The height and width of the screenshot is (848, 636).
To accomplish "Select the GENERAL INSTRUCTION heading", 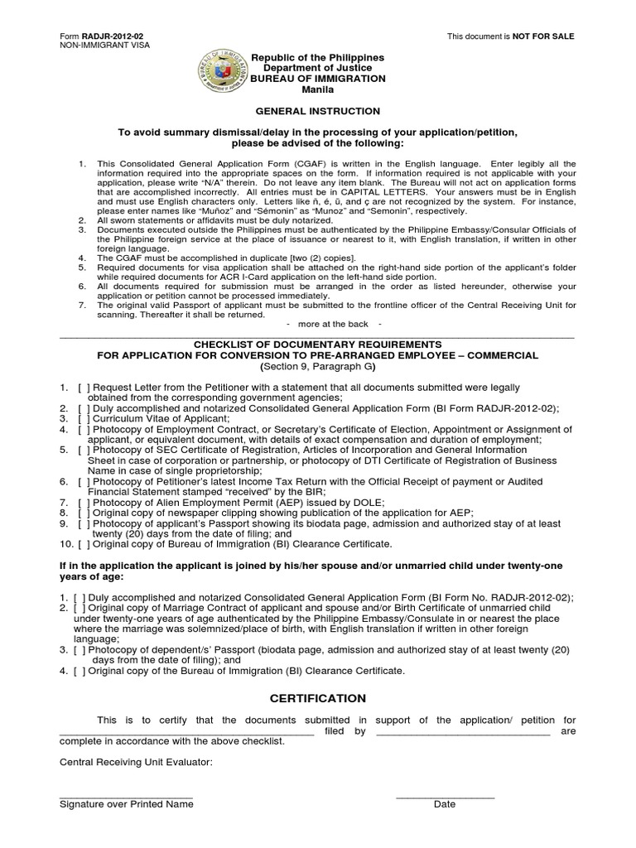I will [317, 111].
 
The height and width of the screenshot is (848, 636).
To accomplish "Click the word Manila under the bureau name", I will [317, 89].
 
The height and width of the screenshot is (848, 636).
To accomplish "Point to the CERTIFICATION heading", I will [317, 698].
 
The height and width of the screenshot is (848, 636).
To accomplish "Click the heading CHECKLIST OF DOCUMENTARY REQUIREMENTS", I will [317, 344].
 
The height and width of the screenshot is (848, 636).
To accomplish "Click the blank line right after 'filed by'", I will [463, 731].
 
